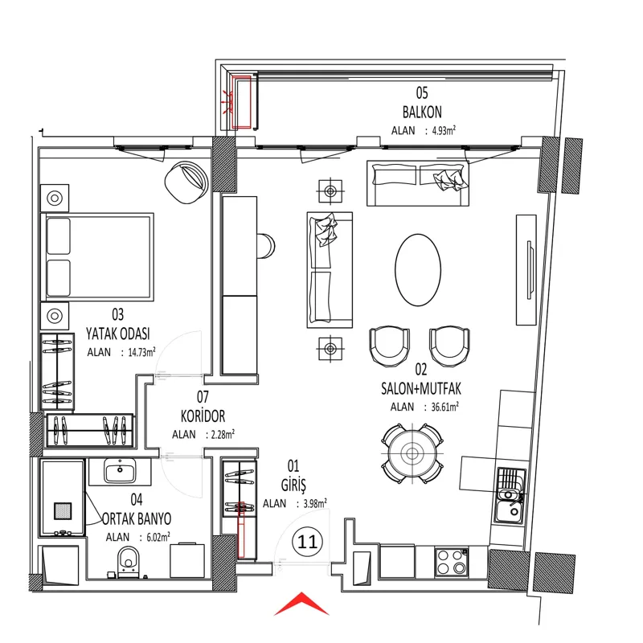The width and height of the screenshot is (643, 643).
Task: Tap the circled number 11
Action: click(308, 542)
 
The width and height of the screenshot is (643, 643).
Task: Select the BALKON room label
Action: click(422, 112)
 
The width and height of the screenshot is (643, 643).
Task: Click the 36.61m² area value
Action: click(441, 407)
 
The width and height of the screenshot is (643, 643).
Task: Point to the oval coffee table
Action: click(418, 270)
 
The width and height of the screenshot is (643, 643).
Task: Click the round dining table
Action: click(412, 453)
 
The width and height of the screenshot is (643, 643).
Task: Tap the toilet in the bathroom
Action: click(129, 562)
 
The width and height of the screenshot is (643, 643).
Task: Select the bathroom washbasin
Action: click(120, 471)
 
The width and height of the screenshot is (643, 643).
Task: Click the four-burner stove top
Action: click(452, 562)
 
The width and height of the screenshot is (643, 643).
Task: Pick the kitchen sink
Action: click(510, 496)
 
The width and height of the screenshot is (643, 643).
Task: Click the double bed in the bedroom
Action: click(97, 256)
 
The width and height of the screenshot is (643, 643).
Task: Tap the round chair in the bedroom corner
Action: click(186, 182)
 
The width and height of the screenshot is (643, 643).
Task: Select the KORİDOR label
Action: click(203, 416)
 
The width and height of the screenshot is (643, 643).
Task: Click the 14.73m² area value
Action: click(141, 352)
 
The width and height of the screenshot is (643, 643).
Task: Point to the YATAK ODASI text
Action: click(117, 334)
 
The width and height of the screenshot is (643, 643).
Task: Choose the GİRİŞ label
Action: click(293, 485)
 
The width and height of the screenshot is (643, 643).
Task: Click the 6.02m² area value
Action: click(158, 537)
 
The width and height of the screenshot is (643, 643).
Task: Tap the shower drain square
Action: click(63, 510)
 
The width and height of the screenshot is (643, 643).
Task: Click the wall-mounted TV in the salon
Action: click(530, 270)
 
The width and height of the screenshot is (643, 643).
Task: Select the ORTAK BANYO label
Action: click(137, 518)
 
